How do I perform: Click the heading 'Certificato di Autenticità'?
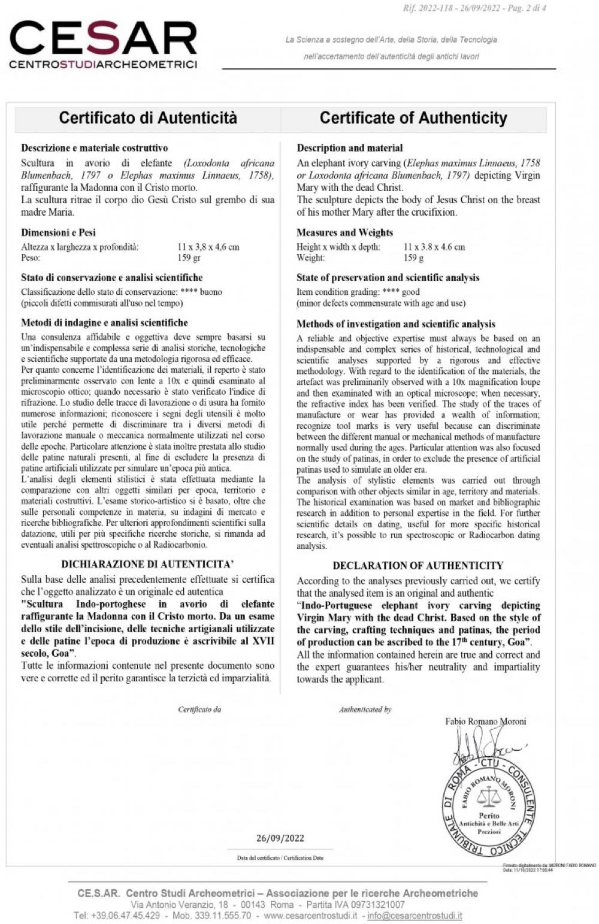148,117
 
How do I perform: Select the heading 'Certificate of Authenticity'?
413,117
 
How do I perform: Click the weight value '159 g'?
413,258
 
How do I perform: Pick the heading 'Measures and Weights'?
344,232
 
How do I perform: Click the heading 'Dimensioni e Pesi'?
58,232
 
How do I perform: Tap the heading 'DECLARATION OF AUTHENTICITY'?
418,565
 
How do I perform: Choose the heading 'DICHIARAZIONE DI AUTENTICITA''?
147,564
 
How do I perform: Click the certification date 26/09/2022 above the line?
280,838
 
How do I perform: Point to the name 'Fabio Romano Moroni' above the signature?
486,721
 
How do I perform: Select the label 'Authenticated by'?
365,709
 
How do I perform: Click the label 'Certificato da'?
199,709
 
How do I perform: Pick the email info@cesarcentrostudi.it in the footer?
415,916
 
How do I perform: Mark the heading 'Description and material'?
350,148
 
